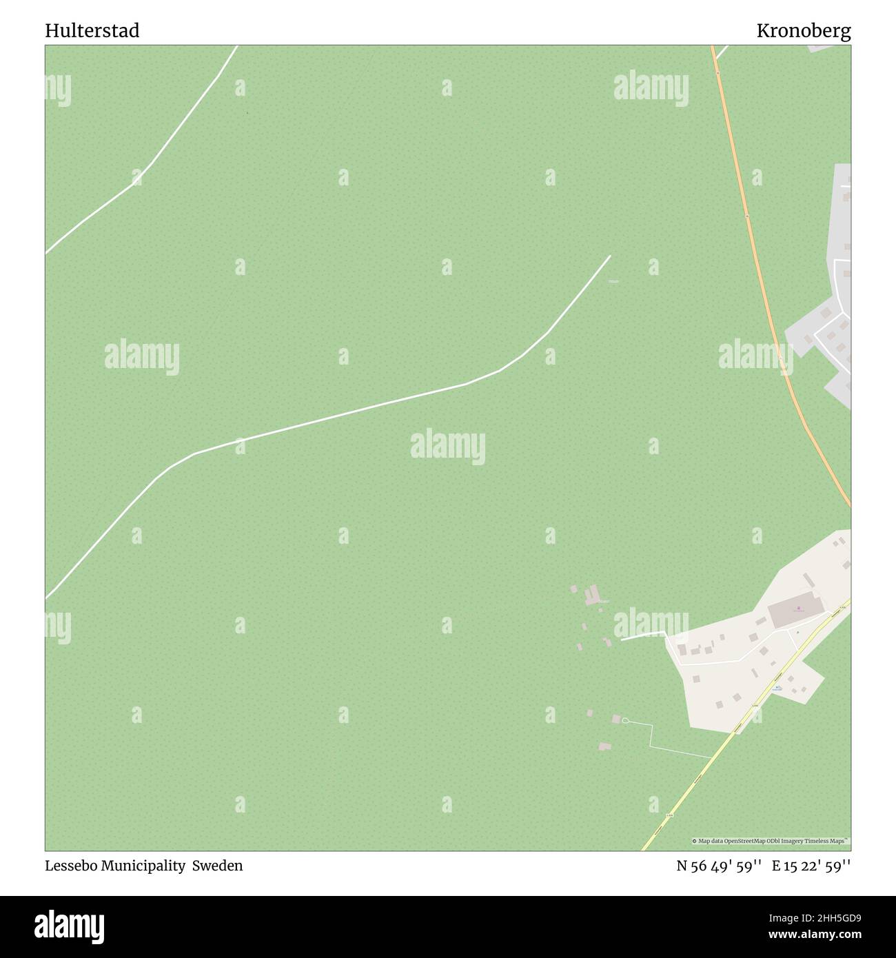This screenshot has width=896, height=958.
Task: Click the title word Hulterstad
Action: pyautogui.click(x=92, y=30)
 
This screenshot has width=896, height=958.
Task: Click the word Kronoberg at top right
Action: pyautogui.click(x=803, y=30)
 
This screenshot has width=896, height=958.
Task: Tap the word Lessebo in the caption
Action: pyautogui.click(x=68, y=866)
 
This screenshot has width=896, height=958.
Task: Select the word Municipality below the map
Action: pyautogui.click(x=141, y=866)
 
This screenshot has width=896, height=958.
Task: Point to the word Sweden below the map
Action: pyautogui.click(x=217, y=866)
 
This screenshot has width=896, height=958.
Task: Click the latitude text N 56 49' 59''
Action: pyautogui.click(x=718, y=866)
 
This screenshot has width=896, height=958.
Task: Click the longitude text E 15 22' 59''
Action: pyautogui.click(x=811, y=866)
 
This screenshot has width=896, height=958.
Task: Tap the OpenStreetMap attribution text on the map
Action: pyautogui.click(x=771, y=841)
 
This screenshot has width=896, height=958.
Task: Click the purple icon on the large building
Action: pyautogui.click(x=798, y=609)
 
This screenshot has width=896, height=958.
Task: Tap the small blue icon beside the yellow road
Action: pyautogui.click(x=777, y=687)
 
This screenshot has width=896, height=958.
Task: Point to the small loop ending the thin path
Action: pyautogui.click(x=625, y=721)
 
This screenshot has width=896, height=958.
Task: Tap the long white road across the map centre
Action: pyautogui.click(x=345, y=414)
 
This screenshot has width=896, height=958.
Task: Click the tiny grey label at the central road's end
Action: pyautogui.click(x=613, y=281)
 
